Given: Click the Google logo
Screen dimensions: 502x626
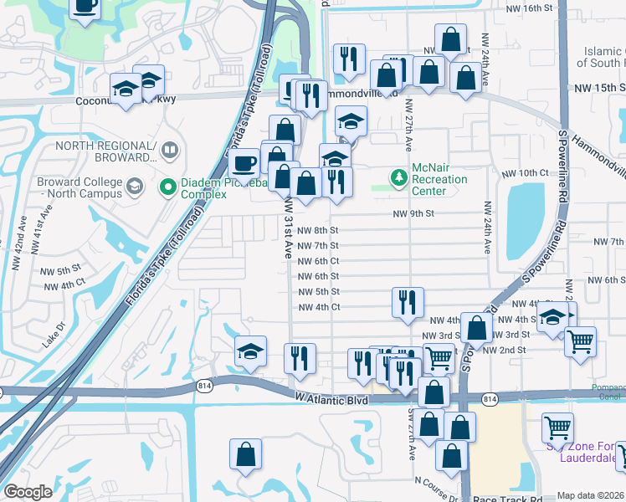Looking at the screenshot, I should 28,492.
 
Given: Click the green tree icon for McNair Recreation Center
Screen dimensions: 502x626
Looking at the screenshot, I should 399,177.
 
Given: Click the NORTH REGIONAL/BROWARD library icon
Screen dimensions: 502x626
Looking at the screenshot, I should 170,151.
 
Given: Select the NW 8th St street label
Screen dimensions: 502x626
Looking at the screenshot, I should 318,230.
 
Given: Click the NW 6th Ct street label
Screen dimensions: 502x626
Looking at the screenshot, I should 318,261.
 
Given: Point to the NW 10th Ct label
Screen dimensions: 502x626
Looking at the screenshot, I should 532,172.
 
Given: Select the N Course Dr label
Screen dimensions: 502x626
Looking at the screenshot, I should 436,481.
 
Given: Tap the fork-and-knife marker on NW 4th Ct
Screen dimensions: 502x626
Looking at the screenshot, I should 408,303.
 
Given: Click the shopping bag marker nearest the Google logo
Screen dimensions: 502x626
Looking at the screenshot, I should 246,454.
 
